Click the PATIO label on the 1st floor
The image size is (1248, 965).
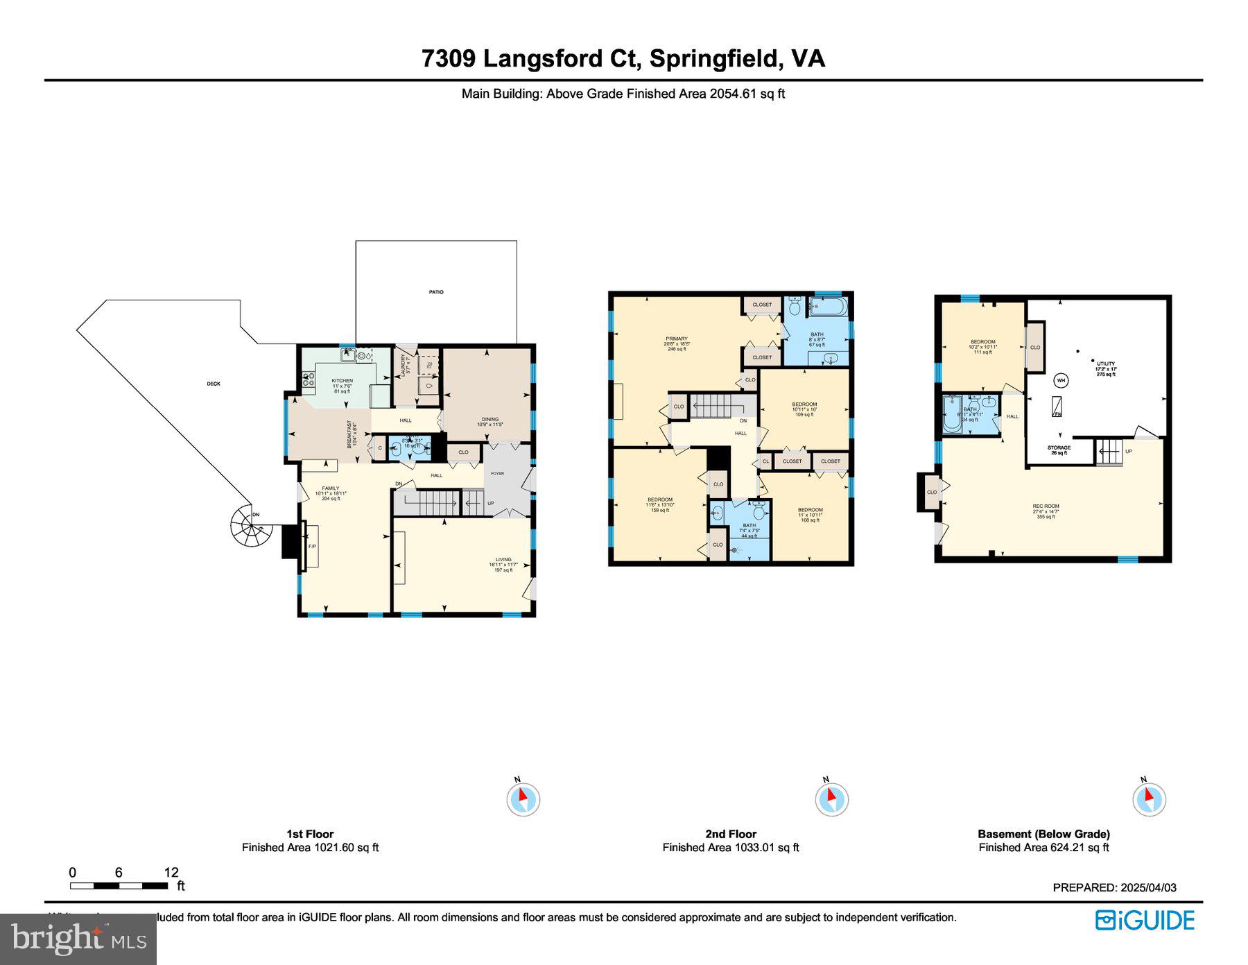point(435,292)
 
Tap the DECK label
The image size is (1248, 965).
point(214,384)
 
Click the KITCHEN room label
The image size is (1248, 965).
point(342,381)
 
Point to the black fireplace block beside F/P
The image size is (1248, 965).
point(289,541)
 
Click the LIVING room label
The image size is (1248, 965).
point(503,559)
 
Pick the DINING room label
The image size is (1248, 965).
point(489,419)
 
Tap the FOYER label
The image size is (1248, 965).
point(497,473)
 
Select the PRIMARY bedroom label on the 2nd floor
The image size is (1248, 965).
point(676,339)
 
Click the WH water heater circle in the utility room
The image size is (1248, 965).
point(1061,380)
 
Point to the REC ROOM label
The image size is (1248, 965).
point(1045,506)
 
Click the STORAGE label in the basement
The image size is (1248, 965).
point(1058,447)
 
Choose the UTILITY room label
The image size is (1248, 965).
point(1105,364)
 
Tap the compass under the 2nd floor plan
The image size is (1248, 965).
point(831,799)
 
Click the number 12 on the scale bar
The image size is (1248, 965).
point(171,873)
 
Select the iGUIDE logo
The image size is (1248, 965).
point(1145,921)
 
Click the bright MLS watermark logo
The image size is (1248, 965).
point(78,939)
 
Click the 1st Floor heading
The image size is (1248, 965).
point(310,834)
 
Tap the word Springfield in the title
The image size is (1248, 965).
point(713,58)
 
